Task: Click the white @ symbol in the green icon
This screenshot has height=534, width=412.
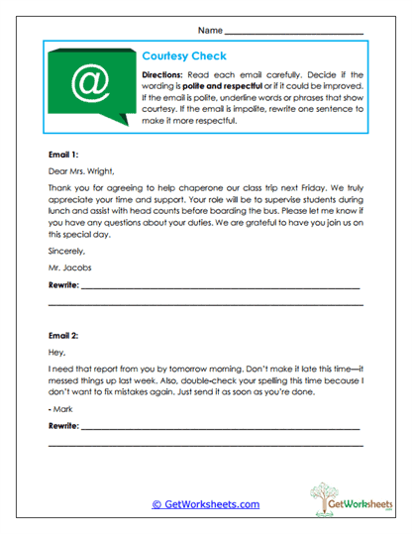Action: pos(91,84)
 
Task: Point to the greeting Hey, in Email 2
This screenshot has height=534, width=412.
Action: pos(57,353)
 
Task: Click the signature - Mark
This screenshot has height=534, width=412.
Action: pos(61,407)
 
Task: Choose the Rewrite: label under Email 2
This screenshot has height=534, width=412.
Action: pos(65,424)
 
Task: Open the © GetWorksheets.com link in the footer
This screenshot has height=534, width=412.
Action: pos(205,504)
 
